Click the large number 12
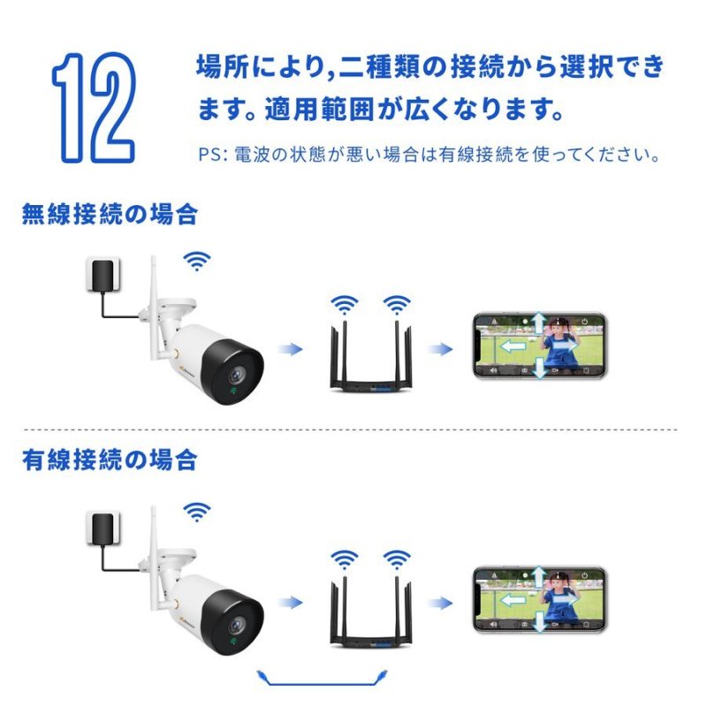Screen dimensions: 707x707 pyautogui.click(x=94, y=107)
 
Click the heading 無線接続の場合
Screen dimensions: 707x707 pyautogui.click(x=110, y=214)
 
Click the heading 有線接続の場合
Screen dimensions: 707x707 pyautogui.click(x=110, y=460)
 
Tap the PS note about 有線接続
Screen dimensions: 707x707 pyautogui.click(x=429, y=156)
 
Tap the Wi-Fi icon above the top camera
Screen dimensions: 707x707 pyautogui.click(x=197, y=260)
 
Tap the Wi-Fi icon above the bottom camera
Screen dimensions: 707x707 pyautogui.click(x=197, y=511)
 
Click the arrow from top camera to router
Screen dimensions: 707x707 pyautogui.click(x=288, y=349)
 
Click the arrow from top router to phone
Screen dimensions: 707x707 pyautogui.click(x=439, y=349)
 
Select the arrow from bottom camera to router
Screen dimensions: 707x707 pyautogui.click(x=288, y=603)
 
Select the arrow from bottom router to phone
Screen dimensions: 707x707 pyautogui.click(x=439, y=603)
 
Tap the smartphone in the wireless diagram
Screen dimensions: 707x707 pyautogui.click(x=538, y=346)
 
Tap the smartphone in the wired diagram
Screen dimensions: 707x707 pyautogui.click(x=538, y=599)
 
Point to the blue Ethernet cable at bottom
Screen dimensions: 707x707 pyautogui.click(x=326, y=680)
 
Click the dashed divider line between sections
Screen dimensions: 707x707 pyautogui.click(x=353, y=430)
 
